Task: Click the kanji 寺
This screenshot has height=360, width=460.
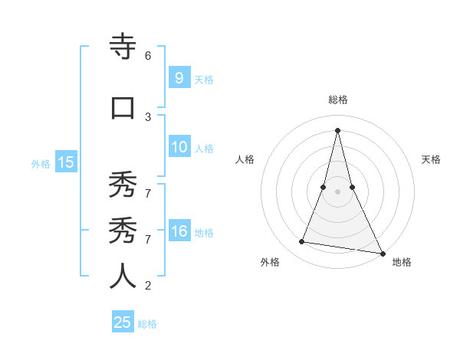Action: click(x=123, y=47)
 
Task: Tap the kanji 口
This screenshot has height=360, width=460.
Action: click(x=123, y=108)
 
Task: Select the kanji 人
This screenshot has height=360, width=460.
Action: click(x=123, y=277)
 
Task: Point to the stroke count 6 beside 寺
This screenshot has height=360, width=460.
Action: click(x=148, y=56)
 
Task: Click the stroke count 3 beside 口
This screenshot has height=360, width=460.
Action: click(x=148, y=116)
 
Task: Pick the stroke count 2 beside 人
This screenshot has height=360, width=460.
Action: click(x=148, y=286)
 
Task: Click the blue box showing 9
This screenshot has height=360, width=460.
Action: click(x=179, y=77)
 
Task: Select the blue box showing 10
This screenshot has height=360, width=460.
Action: click(x=179, y=147)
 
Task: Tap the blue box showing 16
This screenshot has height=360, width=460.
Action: click(x=179, y=231)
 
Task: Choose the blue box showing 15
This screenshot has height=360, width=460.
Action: click(x=65, y=162)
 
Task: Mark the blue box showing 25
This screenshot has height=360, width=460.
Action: click(x=123, y=322)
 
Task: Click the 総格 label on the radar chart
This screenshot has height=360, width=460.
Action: click(x=338, y=100)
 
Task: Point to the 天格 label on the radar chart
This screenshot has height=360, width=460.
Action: click(x=432, y=159)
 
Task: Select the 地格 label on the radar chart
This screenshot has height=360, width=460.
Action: click(x=402, y=262)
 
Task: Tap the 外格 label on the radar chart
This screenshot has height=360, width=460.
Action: click(x=270, y=262)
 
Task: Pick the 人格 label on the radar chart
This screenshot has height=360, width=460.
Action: click(x=245, y=159)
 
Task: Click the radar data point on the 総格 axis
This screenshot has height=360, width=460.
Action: click(x=338, y=129)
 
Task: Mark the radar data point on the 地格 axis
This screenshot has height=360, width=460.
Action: click(x=382, y=253)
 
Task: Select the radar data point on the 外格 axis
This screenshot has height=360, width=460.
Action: click(x=302, y=242)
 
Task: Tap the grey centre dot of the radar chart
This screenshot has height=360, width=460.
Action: click(x=338, y=191)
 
